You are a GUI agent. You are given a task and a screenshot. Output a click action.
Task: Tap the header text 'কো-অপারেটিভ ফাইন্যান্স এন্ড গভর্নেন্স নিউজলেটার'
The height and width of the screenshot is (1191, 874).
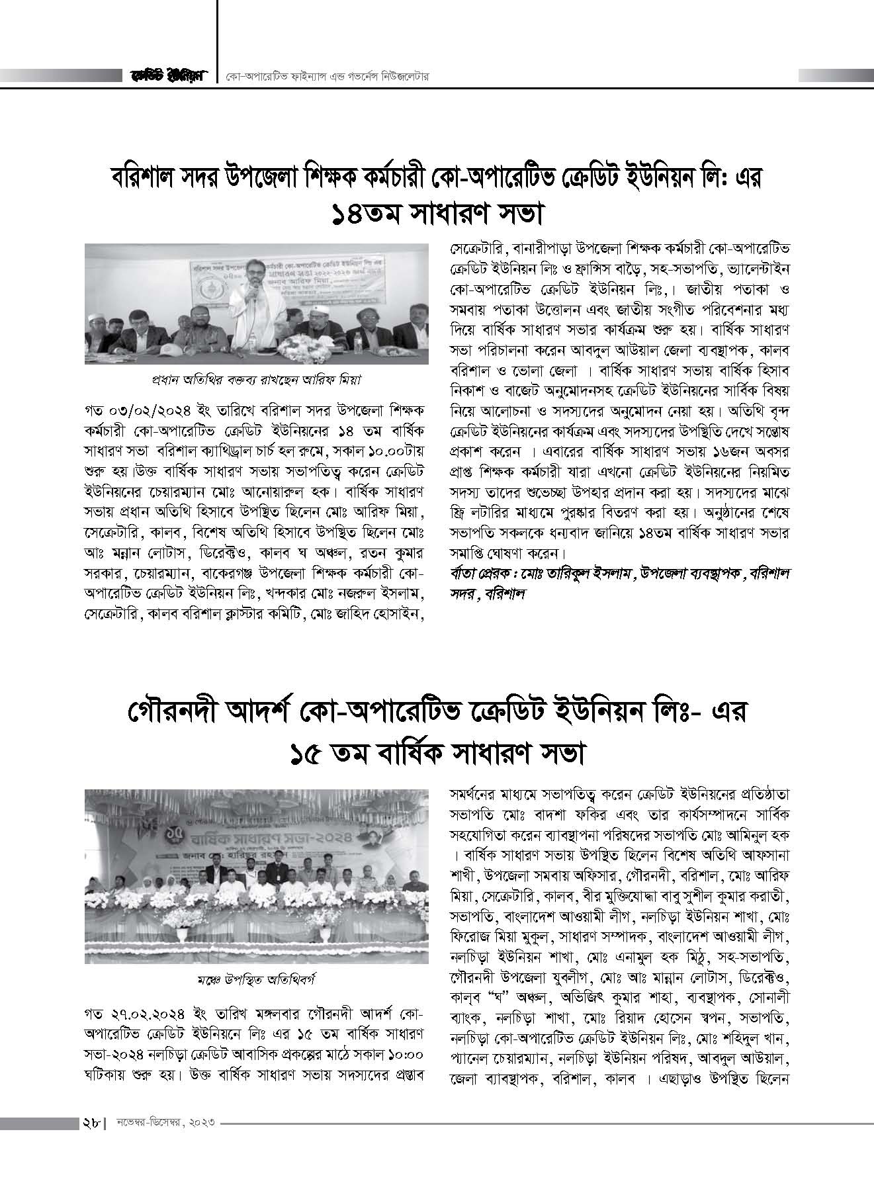(x=328, y=76)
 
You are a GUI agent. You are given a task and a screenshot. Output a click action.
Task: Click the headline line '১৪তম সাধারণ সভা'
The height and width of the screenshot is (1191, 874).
(x=437, y=214)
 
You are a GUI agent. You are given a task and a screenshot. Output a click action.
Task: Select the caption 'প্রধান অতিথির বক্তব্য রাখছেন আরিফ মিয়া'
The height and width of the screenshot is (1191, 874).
(x=254, y=380)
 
